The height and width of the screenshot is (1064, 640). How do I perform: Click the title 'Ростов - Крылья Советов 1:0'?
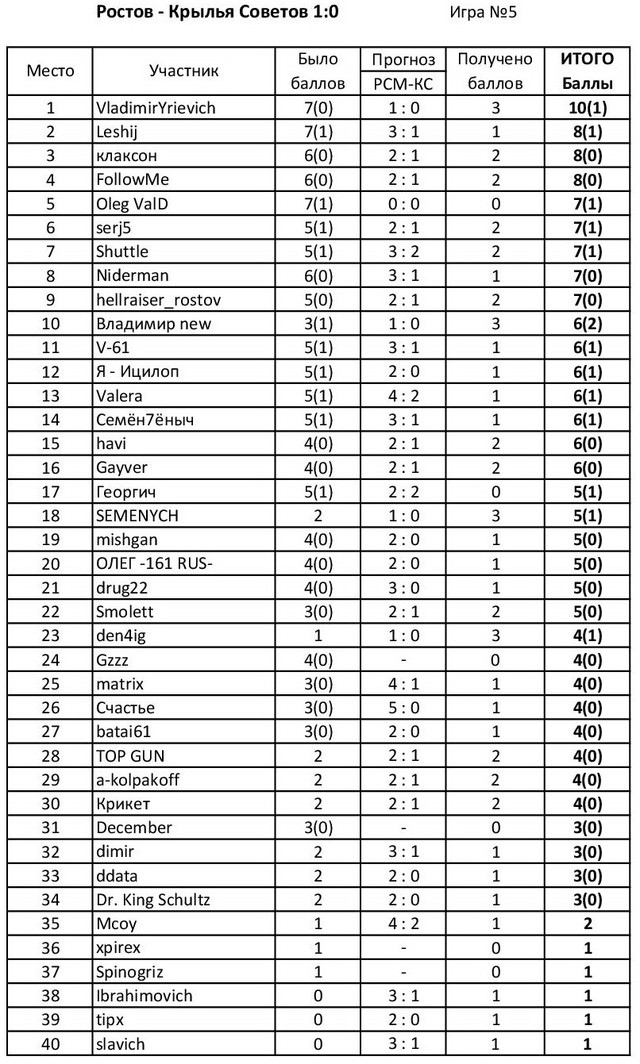[x=217, y=13]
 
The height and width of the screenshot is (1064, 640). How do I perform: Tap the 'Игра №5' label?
[x=484, y=13]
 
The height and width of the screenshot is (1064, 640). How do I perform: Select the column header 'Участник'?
[x=183, y=71]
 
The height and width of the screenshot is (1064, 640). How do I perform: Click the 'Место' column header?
[x=51, y=71]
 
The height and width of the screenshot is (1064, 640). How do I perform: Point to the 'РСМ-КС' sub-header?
[x=403, y=83]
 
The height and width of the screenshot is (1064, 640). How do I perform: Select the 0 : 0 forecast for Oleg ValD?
[x=403, y=204]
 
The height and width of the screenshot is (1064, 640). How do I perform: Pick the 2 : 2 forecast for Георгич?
[x=403, y=493]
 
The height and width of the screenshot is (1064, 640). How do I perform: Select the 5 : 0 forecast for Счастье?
[x=403, y=709]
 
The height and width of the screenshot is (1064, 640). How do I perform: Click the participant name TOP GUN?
[x=130, y=756]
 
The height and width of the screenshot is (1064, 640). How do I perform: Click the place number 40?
[x=51, y=1044]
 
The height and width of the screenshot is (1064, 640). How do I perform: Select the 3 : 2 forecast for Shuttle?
[x=403, y=252]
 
